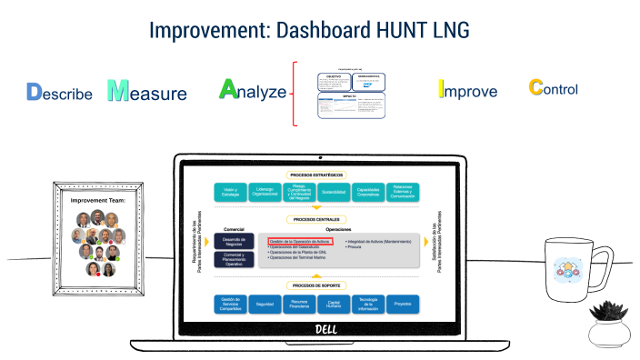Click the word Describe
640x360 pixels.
tap(60, 93)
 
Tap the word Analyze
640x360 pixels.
tap(254, 91)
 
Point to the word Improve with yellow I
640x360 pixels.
tap(467, 91)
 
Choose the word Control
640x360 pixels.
tap(553, 89)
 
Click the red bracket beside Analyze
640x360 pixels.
tap(295, 93)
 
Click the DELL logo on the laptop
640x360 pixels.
tap(325, 328)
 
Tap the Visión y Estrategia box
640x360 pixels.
tap(231, 192)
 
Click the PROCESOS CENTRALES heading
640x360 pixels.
tap(315, 219)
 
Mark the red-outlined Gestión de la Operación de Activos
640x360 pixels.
tap(300, 241)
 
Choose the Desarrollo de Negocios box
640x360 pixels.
tap(234, 240)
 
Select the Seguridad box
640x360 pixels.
tap(265, 305)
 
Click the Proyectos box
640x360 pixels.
tap(403, 305)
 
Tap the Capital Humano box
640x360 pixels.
tap(334, 305)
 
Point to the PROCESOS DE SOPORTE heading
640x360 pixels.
tap(315, 286)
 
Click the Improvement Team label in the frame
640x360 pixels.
tap(96, 197)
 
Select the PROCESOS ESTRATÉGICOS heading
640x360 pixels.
tap(315, 174)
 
